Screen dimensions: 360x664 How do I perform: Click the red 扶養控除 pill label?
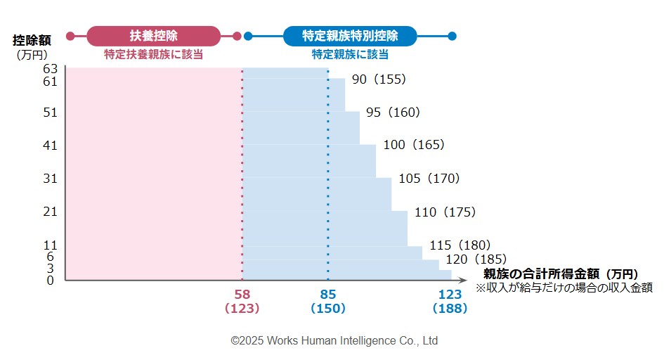(153, 36)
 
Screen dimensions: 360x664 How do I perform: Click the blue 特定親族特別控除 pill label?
(350, 36)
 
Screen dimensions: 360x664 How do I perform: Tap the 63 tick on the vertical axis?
(49, 69)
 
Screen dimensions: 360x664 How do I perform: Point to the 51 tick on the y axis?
(49, 112)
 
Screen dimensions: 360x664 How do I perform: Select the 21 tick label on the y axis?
(49, 212)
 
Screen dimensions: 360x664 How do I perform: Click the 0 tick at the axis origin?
(51, 281)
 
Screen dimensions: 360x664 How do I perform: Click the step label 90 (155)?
(379, 79)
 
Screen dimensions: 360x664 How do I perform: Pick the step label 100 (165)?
(414, 145)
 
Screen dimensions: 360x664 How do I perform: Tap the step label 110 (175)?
(445, 212)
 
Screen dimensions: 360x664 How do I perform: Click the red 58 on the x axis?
(242, 295)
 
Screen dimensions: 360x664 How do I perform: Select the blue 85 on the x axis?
(327, 295)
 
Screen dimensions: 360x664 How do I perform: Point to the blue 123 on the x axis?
(450, 295)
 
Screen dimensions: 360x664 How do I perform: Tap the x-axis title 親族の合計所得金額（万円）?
(561, 274)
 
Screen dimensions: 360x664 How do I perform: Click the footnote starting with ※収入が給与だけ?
(564, 287)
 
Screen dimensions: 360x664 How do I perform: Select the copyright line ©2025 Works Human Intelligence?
(334, 340)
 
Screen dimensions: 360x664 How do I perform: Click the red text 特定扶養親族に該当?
(153, 54)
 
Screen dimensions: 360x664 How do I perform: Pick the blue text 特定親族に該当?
(350, 54)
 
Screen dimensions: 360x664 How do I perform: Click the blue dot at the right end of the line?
(452, 36)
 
